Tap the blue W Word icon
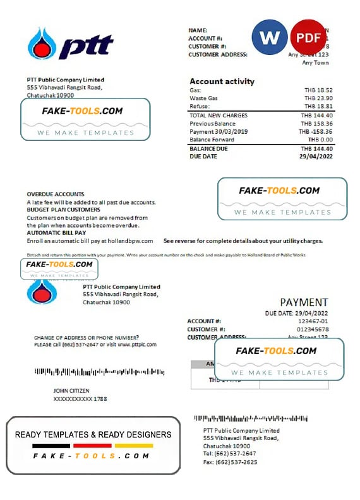[x=269, y=38]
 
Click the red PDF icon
[x=308, y=38]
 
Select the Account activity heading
[x=222, y=81]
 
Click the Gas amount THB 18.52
[x=318, y=90]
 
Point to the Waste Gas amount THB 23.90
[x=318, y=98]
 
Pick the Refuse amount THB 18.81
[x=318, y=107]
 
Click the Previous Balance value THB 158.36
[x=316, y=124]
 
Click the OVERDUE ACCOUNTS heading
[x=56, y=194]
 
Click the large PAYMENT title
[x=304, y=302]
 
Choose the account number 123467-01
[x=311, y=321]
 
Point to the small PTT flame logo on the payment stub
[x=43, y=291]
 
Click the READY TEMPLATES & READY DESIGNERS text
[x=93, y=434]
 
